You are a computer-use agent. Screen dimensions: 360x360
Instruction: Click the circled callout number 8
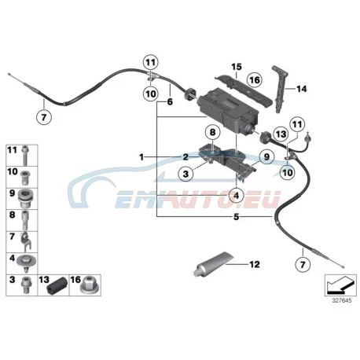pos(212,132)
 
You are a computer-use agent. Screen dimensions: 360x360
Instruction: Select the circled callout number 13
pos(281,134)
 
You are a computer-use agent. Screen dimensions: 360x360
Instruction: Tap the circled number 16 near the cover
pos(255,79)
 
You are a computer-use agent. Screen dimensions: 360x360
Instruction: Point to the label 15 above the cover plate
pos(236,67)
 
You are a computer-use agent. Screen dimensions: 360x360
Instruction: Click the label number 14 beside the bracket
pos(301,89)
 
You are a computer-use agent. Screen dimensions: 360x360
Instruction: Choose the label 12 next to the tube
pos(255,264)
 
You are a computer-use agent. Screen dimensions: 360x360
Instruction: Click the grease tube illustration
pos(215,264)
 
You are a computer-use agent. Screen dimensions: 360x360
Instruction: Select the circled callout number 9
pos(266,157)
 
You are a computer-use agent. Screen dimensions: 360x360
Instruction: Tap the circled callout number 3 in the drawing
pos(186,174)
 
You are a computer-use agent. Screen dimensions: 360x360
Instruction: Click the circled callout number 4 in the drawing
pos(237,196)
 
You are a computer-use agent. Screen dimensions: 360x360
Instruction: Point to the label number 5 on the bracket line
pos(237,217)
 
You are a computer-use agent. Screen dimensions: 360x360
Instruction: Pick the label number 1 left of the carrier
pos(141,157)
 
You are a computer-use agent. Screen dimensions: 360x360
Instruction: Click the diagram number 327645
pos(342,300)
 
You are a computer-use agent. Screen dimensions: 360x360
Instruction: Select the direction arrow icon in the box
pos(340,285)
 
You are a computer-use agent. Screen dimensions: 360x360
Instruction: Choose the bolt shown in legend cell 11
pos(24,155)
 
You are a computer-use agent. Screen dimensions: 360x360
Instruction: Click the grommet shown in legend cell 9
pos(25,198)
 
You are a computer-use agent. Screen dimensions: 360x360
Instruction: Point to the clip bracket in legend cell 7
pos(26,241)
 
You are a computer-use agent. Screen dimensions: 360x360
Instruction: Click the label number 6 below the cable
pos(170,102)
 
